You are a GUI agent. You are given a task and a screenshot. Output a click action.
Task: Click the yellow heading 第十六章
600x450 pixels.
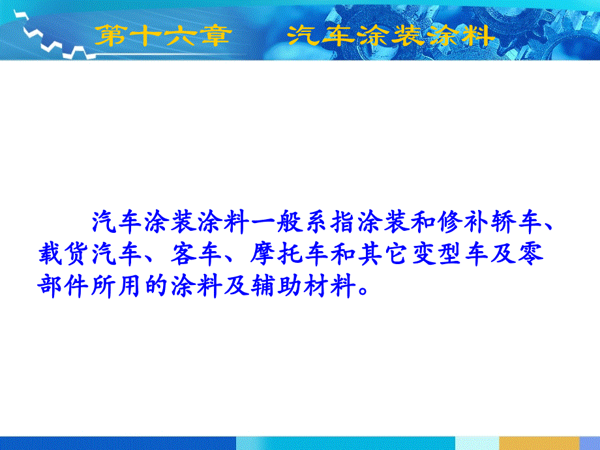point(164,36)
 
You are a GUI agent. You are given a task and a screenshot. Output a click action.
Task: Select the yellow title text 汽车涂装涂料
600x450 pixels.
point(391,36)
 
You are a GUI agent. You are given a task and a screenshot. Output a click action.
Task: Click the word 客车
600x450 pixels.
point(196,254)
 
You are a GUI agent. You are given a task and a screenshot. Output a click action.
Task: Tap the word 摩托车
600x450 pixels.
point(290,254)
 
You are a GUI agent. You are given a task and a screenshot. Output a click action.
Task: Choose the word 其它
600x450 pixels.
point(382,254)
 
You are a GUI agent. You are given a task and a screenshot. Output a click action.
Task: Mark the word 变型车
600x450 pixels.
point(449,254)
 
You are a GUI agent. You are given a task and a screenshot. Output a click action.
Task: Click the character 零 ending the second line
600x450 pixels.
point(531,254)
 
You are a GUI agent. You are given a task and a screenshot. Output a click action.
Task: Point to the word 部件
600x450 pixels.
point(63,286)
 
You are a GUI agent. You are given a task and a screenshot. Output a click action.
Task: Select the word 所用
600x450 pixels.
point(116,286)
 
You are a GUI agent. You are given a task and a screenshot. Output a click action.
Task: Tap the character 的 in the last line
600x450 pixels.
point(156,286)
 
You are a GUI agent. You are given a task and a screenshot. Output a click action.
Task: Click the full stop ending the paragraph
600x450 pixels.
point(363,292)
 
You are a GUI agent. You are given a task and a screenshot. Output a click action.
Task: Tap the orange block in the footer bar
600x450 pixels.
point(539,443)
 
